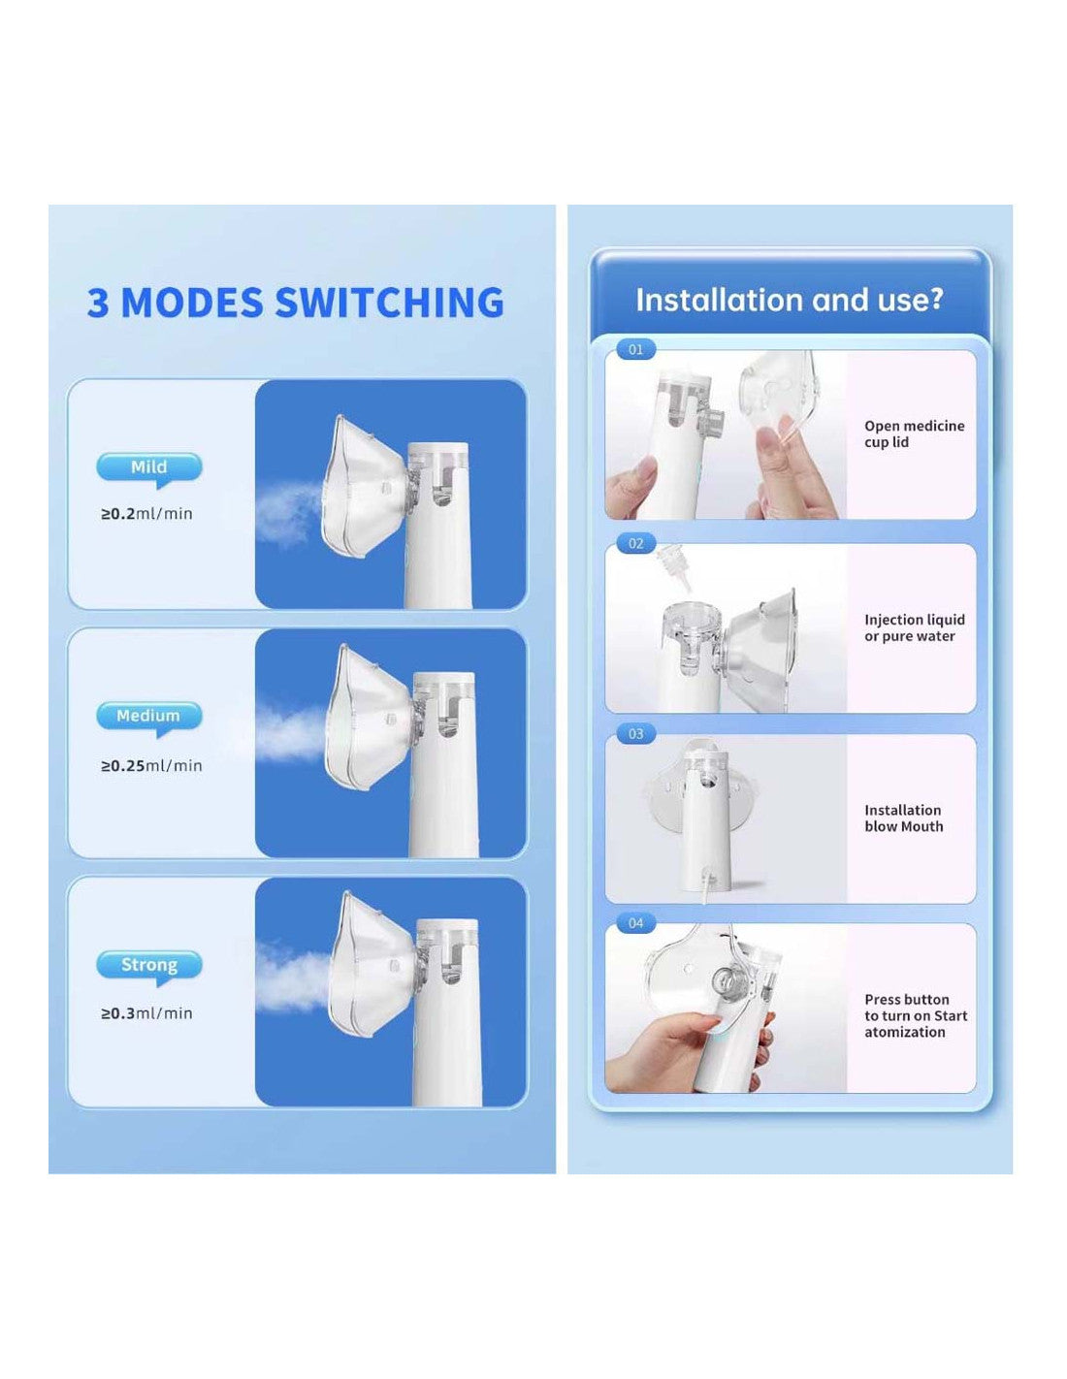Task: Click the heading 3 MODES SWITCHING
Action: point(295,303)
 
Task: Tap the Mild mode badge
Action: point(149,467)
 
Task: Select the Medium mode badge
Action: point(149,717)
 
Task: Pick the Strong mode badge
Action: point(149,966)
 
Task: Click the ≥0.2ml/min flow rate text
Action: point(146,514)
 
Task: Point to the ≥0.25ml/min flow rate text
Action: point(151,766)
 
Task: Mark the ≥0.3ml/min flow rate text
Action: point(146,1013)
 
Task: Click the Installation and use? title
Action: point(789,301)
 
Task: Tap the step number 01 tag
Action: point(636,350)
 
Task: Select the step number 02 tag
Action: point(636,544)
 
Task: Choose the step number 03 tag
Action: point(636,734)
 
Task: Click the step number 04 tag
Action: point(636,923)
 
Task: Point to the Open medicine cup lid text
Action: point(914,434)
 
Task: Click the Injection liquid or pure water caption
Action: point(914,628)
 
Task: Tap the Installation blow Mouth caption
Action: point(903,818)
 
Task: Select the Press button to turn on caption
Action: point(915,1015)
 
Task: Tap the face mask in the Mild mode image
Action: point(359,490)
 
